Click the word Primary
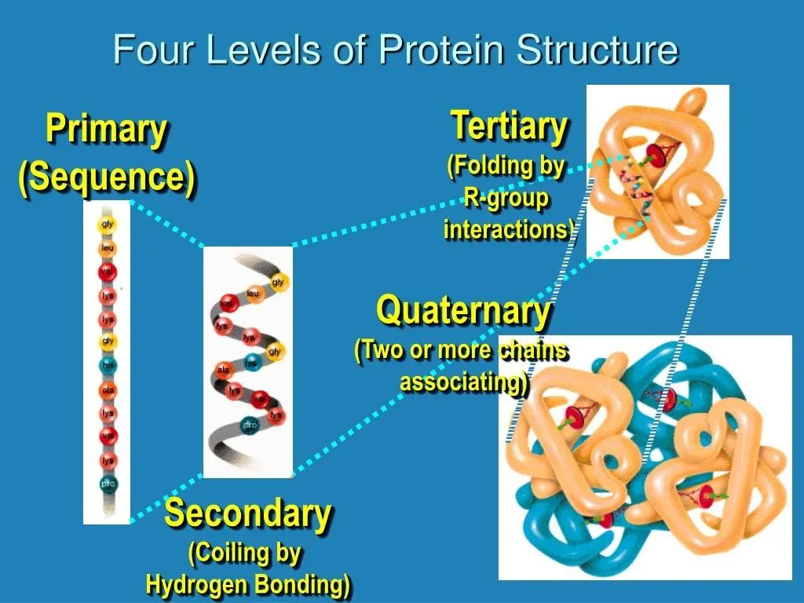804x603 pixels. pyautogui.click(x=106, y=129)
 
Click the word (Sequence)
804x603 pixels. pyautogui.click(x=107, y=177)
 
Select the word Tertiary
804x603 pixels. pyautogui.click(x=509, y=126)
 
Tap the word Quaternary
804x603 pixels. pyautogui.click(x=463, y=311)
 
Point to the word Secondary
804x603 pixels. pyautogui.click(x=247, y=513)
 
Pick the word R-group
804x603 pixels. pyautogui.click(x=506, y=199)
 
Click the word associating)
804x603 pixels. pyautogui.click(x=464, y=382)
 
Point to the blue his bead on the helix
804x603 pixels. pyautogui.click(x=250, y=363)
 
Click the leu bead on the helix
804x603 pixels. pyautogui.click(x=253, y=294)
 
